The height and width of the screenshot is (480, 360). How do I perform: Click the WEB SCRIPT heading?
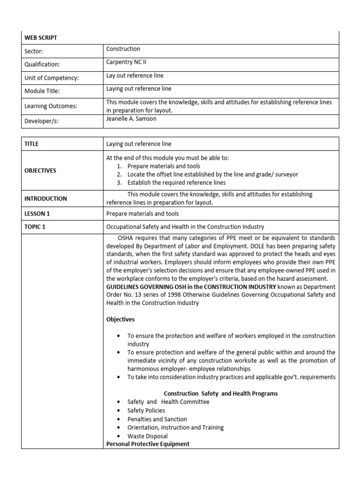tap(41, 37)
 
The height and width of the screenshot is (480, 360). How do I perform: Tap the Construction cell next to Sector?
tap(123, 49)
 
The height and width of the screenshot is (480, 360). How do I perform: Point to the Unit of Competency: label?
tap(52, 77)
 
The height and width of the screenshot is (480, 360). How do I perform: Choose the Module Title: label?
tap(42, 91)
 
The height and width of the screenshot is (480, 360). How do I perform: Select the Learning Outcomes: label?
tap(51, 106)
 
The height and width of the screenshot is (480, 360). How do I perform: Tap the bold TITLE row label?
tap(31, 144)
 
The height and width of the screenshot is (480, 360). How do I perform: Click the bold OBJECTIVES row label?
tap(40, 171)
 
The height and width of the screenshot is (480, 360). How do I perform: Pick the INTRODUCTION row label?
tap(45, 198)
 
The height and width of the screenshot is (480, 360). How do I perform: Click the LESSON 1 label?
tap(37, 214)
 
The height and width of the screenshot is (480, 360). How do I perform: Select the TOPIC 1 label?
tap(36, 227)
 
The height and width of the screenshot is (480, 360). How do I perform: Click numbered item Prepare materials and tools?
tap(164, 166)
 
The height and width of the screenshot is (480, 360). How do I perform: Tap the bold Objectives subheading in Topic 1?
tap(120, 319)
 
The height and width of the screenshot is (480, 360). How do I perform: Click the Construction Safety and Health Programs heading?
tap(220, 393)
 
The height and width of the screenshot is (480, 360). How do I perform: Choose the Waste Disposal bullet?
tap(147, 436)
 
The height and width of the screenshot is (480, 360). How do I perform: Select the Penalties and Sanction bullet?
tap(157, 419)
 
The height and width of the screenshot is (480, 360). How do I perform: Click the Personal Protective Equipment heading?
tap(148, 443)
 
